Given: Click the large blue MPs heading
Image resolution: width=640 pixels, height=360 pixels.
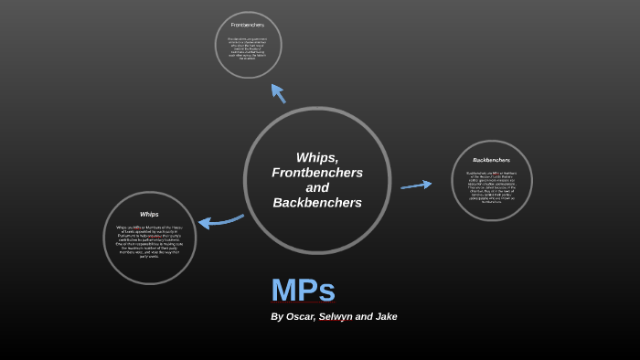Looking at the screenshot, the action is tap(303, 290).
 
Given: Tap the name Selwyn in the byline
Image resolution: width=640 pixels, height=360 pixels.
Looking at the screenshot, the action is tap(336, 316).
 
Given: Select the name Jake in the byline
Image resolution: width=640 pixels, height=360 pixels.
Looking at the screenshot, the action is tap(386, 316).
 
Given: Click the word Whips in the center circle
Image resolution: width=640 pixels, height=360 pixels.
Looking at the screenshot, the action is tap(317, 157).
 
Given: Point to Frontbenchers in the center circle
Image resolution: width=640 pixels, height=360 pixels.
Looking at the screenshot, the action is tap(317, 173).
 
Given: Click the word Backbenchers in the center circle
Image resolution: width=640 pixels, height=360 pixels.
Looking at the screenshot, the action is tap(317, 202).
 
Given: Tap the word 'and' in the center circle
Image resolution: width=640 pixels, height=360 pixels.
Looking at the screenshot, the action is tap(317, 187).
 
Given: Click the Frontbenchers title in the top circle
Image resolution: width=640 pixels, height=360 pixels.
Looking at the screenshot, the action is tap(248, 25).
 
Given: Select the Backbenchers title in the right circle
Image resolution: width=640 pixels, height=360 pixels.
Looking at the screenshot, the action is tap(491, 160).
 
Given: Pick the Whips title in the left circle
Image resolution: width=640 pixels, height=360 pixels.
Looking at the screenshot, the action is tap(149, 215).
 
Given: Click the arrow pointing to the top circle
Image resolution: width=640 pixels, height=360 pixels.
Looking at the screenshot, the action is tap(278, 93).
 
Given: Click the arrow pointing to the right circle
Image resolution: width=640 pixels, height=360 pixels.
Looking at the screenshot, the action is tap(416, 185).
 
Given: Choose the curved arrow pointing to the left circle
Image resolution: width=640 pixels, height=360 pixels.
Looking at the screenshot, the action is tap(219, 221).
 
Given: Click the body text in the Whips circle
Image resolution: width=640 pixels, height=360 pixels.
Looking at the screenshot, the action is tap(149, 241).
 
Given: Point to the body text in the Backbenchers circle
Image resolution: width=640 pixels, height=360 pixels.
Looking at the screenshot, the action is tap(491, 186).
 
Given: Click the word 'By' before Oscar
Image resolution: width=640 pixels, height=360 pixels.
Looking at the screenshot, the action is tap(277, 316).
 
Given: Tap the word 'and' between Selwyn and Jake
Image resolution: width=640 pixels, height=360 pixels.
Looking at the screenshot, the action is tap(364, 316).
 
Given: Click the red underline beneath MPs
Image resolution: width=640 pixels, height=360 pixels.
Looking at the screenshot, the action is tap(303, 303).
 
